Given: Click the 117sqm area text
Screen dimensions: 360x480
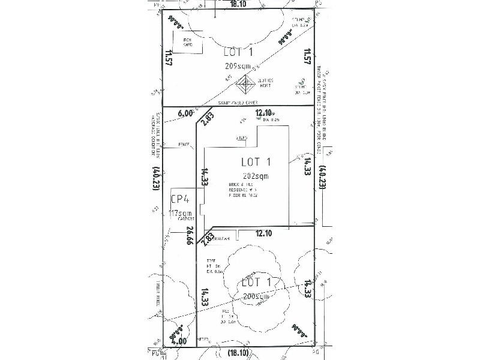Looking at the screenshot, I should coord(181,212).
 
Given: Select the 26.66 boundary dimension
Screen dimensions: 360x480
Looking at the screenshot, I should coord(190,235).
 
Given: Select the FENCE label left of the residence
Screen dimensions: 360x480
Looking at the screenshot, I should coord(184,144).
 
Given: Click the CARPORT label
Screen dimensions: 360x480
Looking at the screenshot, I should coord(184,219).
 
